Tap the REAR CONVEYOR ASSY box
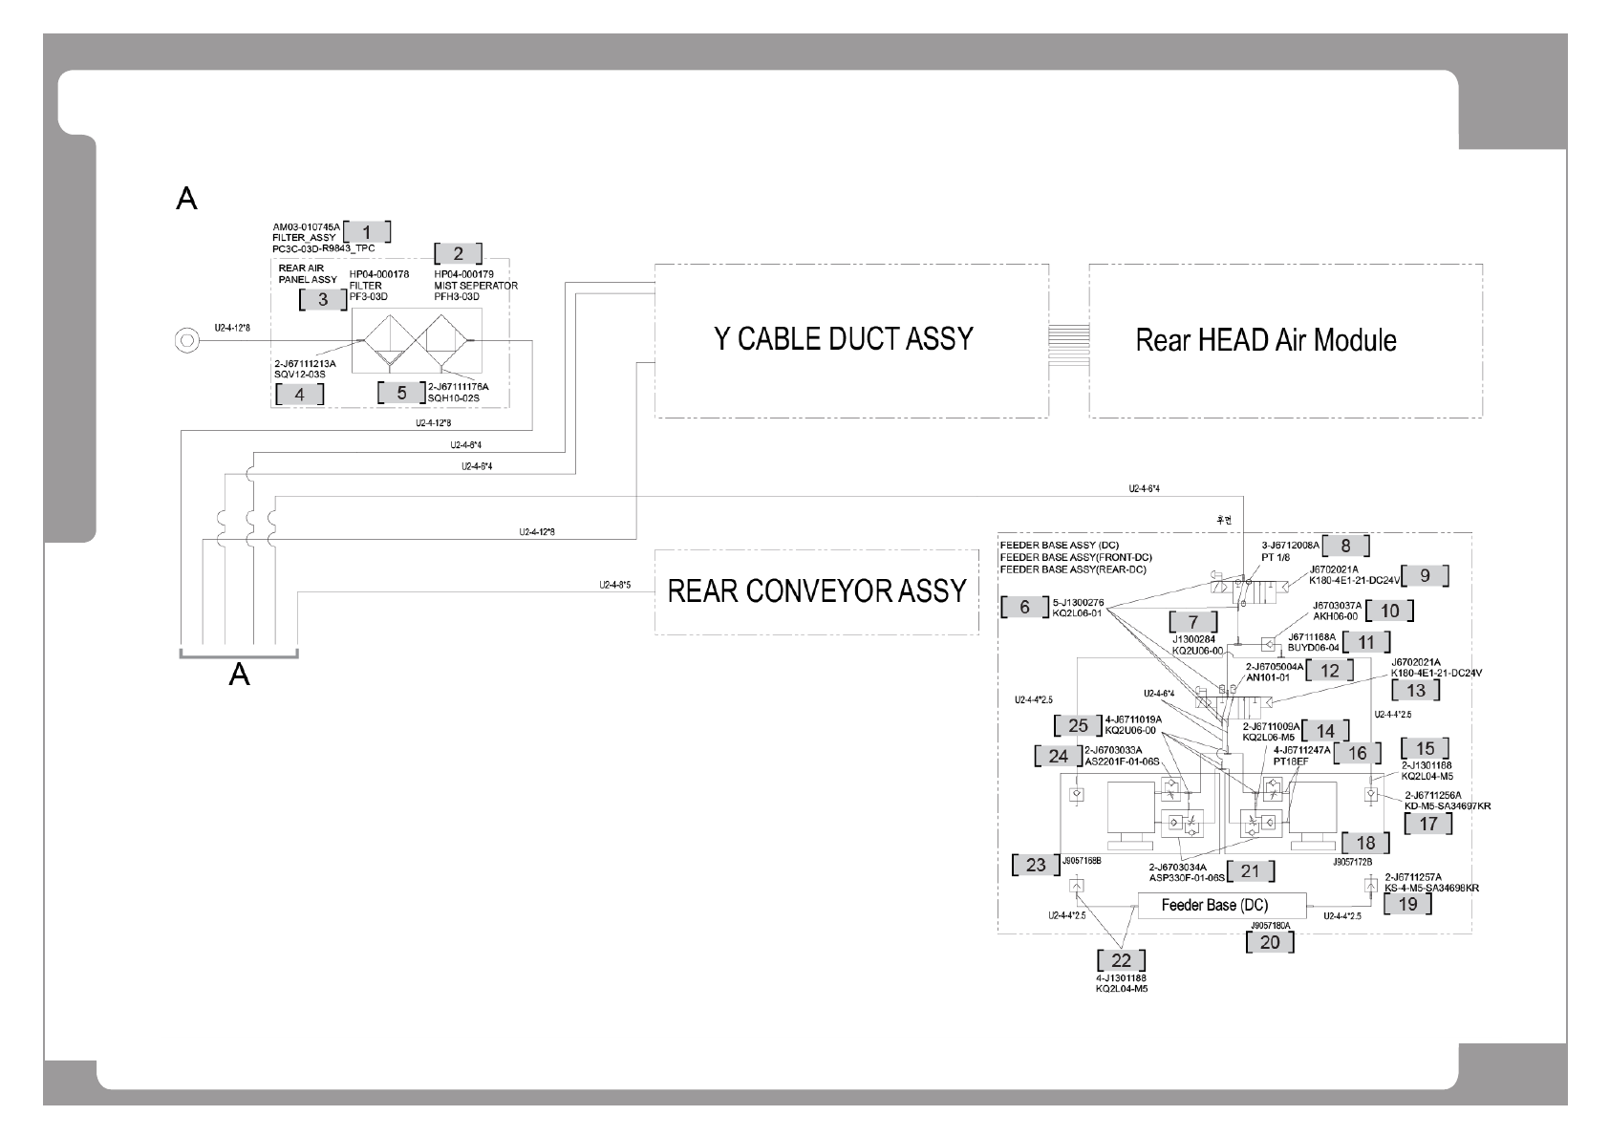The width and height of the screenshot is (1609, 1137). click(x=817, y=591)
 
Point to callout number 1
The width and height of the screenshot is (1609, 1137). click(x=367, y=231)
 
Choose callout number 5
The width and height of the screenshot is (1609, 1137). click(x=401, y=393)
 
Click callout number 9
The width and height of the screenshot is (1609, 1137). click(x=1425, y=575)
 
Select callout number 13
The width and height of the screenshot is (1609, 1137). click(x=1416, y=690)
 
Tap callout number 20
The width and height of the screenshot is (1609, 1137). click(x=1270, y=942)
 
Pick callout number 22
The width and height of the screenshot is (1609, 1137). click(x=1121, y=960)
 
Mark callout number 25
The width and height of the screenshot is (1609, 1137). click(x=1078, y=725)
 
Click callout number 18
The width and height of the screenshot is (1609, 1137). click(x=1365, y=843)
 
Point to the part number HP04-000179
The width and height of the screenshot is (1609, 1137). click(x=463, y=274)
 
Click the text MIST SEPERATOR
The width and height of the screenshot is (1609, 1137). click(x=476, y=286)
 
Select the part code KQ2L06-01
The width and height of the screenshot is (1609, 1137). click(x=1078, y=613)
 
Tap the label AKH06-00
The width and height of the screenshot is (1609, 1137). click(x=1337, y=616)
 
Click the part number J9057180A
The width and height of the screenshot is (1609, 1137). click(x=1270, y=926)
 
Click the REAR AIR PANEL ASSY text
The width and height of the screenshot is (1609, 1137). click(x=308, y=274)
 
